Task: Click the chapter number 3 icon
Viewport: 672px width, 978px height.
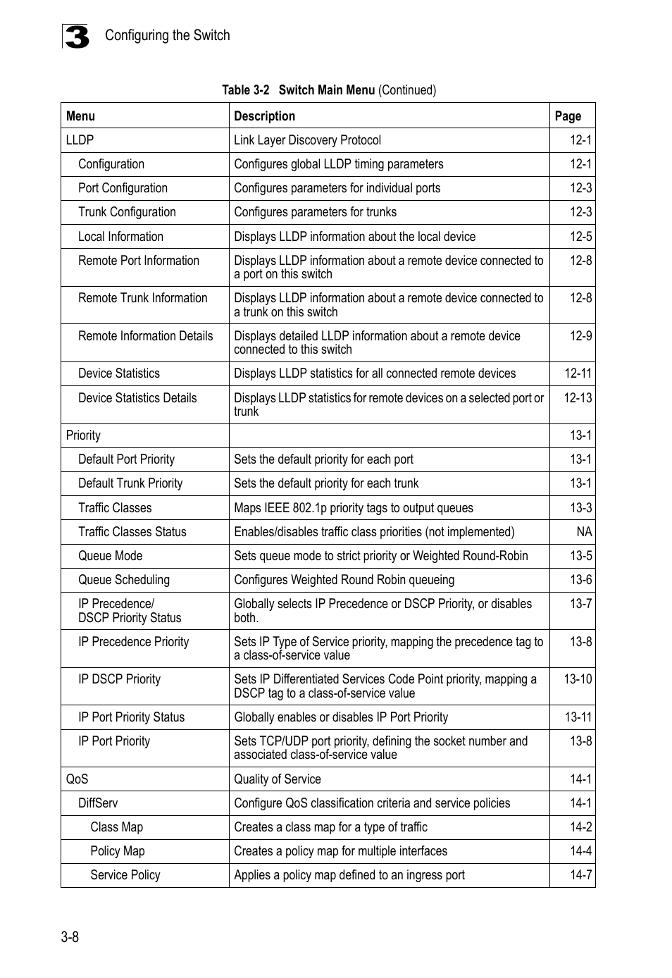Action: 76,37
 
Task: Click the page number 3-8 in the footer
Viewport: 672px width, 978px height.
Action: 70,936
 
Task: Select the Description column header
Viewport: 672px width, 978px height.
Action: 264,116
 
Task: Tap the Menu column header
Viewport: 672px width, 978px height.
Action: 80,116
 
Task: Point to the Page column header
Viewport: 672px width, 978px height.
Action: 568,116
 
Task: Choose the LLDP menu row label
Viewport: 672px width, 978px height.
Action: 80,140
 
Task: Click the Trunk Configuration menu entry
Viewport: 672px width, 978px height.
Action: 127,212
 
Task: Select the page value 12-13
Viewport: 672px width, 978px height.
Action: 578,398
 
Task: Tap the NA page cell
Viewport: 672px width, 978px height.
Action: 584,532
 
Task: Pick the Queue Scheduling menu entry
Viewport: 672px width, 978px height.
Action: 124,580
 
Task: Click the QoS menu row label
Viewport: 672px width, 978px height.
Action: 77,779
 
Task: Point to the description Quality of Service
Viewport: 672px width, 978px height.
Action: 278,779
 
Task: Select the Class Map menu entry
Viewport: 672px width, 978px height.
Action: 116,827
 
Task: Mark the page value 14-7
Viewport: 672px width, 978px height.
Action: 580,875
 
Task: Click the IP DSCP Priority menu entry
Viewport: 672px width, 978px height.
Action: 119,679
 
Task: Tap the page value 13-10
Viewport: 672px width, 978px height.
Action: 578,679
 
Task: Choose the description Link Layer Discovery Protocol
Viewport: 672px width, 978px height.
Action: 307,140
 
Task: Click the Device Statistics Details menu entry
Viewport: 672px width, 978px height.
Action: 137,398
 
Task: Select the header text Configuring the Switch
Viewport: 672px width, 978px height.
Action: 168,35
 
